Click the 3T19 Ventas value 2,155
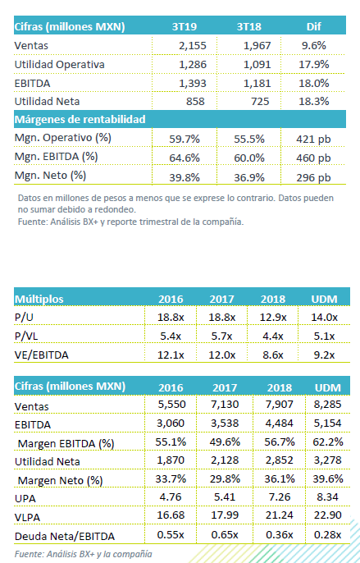[x=193, y=46]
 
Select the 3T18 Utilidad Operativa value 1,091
[x=257, y=65]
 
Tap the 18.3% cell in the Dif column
[x=314, y=101]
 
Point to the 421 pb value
[x=313, y=140]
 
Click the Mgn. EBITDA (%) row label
[x=56, y=157]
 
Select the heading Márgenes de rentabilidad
[x=80, y=119]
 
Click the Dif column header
[x=314, y=27]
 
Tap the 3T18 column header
[x=249, y=27]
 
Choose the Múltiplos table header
[x=39, y=299]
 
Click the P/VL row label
[x=26, y=336]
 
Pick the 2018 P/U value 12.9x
[x=273, y=318]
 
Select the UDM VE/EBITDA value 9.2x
[x=324, y=355]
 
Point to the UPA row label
[x=25, y=498]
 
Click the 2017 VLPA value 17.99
[x=225, y=515]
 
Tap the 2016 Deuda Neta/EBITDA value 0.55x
[x=171, y=534]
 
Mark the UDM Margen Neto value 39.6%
[x=328, y=479]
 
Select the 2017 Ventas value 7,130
[x=225, y=405]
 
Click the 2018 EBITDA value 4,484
[x=280, y=423]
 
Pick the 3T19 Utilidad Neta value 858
[x=195, y=101]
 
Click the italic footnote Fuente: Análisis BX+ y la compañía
[x=84, y=554]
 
